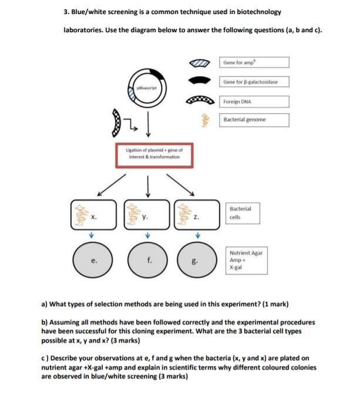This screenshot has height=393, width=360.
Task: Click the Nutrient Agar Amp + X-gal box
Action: point(247,259)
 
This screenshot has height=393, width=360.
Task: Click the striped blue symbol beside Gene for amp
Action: point(200,62)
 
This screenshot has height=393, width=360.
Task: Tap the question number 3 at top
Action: point(65,12)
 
